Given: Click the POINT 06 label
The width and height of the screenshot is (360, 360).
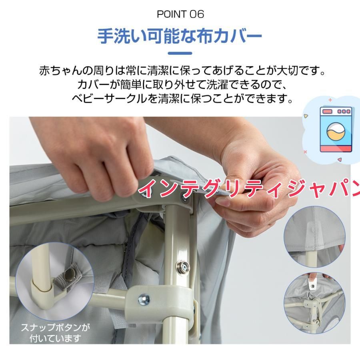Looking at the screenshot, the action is pyautogui.click(x=180, y=14).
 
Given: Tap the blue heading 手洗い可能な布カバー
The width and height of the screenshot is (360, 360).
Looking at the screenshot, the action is pyautogui.click(x=180, y=36).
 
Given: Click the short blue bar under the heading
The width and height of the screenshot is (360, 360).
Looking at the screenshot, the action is pyautogui.click(x=180, y=53).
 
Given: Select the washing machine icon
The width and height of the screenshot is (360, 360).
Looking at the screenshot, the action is pyautogui.click(x=336, y=130).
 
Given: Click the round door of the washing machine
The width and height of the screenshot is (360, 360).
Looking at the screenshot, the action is pyautogui.click(x=336, y=132).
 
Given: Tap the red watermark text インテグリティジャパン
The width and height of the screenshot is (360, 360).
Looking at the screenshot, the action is pyautogui.click(x=249, y=188).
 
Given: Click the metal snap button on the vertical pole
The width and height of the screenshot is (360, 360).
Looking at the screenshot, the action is pyautogui.click(x=183, y=266).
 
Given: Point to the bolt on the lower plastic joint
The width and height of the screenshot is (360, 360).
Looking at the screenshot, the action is pyautogui.click(x=144, y=299).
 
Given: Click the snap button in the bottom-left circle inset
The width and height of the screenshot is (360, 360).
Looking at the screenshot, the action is pyautogui.click(x=69, y=274).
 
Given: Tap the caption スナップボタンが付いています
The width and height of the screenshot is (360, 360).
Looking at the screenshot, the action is pyautogui.click(x=55, y=333).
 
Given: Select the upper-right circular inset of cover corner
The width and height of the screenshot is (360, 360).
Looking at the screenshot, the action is pyautogui.click(x=314, y=237).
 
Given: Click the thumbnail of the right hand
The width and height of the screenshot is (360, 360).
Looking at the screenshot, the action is pyautogui.click(x=224, y=202).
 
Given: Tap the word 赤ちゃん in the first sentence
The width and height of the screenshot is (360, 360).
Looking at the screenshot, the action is pyautogui.click(x=61, y=71).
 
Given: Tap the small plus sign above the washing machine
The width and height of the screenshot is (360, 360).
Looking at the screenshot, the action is pyautogui.click(x=330, y=100).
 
